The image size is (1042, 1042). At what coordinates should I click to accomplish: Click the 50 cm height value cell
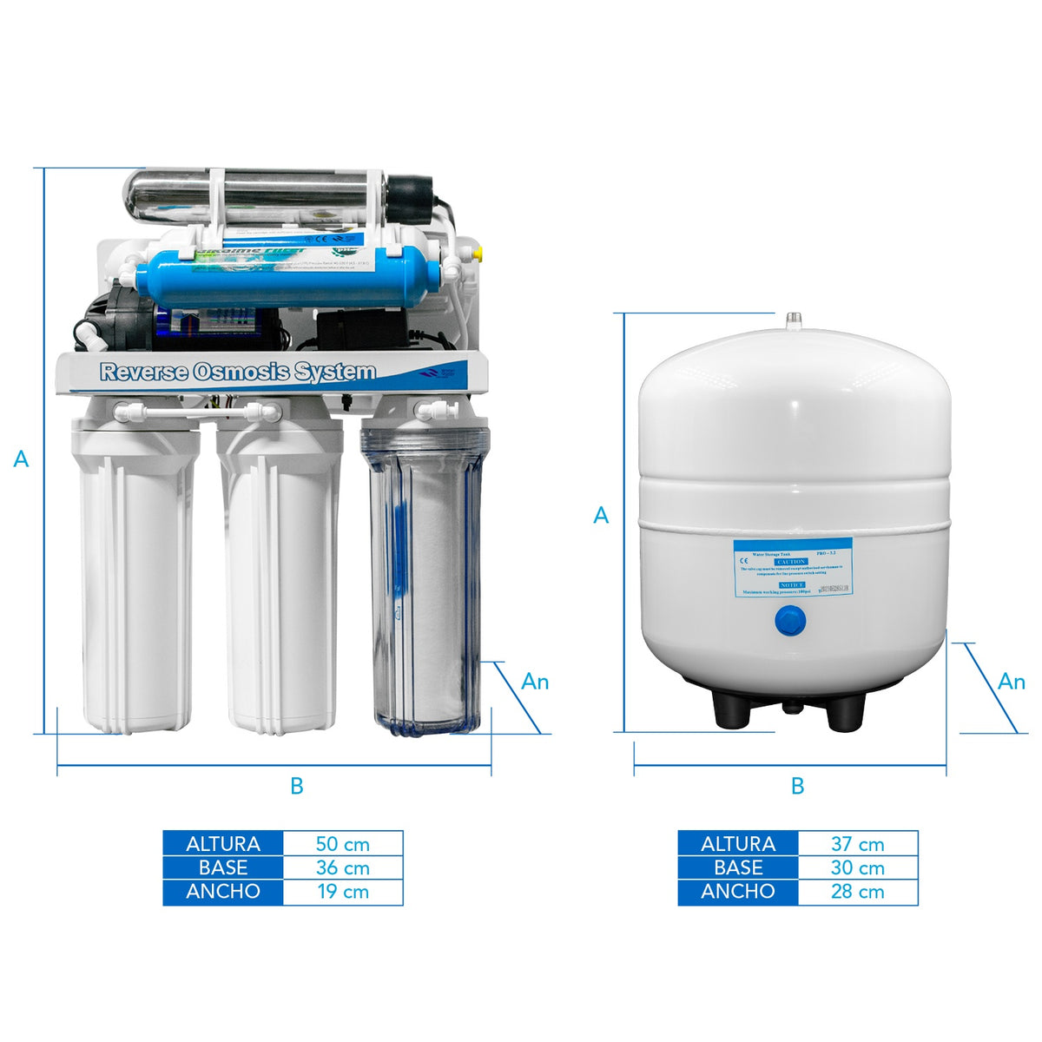pyautogui.click(x=343, y=844)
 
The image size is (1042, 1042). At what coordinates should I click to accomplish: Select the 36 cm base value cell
pyautogui.click(x=343, y=867)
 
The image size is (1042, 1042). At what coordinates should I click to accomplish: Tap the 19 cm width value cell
pyautogui.click(x=343, y=892)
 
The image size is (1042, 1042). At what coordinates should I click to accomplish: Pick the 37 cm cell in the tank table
pyautogui.click(x=857, y=844)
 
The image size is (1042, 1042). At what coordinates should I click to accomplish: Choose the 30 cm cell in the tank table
pyautogui.click(x=857, y=867)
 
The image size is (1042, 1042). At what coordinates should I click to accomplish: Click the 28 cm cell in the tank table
pyautogui.click(x=857, y=892)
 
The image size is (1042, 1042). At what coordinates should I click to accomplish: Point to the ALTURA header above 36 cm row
pyautogui.click(x=223, y=844)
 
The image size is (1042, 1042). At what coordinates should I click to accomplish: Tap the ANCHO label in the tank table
pyautogui.click(x=738, y=892)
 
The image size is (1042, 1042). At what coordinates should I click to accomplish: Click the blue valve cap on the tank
pyautogui.click(x=789, y=621)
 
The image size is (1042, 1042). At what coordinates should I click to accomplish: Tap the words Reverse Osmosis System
pyautogui.click(x=238, y=373)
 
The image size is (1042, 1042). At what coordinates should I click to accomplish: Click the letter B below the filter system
pyautogui.click(x=297, y=787)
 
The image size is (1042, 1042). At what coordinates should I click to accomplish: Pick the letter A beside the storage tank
pyautogui.click(x=601, y=516)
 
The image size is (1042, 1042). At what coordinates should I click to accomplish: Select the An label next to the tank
pyautogui.click(x=1012, y=682)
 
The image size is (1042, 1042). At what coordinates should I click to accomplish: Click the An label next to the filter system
pyautogui.click(x=535, y=682)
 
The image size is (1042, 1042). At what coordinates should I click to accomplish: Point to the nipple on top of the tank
pyautogui.click(x=792, y=321)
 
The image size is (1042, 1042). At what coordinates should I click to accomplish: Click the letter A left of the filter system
pyautogui.click(x=22, y=458)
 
